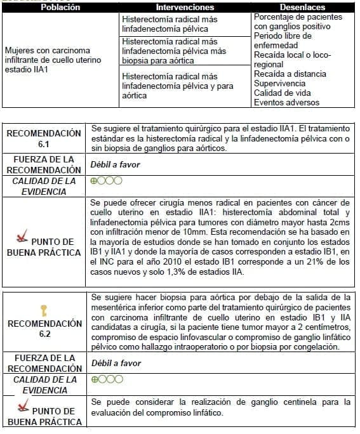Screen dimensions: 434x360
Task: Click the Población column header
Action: pyautogui.click(x=60, y=7)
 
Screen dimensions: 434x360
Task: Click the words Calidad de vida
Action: pyautogui.click(x=282, y=93)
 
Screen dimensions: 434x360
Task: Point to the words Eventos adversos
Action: pyautogui.click(x=286, y=102)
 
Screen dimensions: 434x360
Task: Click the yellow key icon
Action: pyautogui.click(x=43, y=310)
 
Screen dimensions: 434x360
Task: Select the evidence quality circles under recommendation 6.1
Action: pyautogui.click(x=105, y=181)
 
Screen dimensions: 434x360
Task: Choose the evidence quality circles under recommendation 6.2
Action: pyautogui.click(x=105, y=380)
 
